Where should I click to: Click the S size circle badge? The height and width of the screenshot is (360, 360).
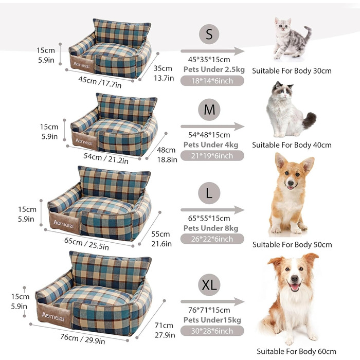(x=209, y=34)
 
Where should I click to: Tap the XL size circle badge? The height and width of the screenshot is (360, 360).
(x=209, y=285)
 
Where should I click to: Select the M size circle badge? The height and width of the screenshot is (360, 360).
(x=209, y=110)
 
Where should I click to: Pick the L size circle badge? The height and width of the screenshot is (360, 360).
(x=209, y=193)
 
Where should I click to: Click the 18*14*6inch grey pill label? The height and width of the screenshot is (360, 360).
(x=212, y=81)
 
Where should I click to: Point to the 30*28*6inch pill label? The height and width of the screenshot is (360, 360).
(x=212, y=331)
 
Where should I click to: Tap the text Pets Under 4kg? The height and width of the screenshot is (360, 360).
(x=211, y=145)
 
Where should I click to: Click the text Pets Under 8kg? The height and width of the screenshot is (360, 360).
(x=211, y=228)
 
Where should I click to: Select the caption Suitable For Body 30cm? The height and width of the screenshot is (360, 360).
(x=292, y=71)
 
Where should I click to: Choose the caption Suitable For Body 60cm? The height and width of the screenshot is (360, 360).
(x=296, y=351)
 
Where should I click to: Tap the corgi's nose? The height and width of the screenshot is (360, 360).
(x=291, y=183)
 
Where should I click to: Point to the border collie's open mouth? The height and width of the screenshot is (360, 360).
(x=294, y=287)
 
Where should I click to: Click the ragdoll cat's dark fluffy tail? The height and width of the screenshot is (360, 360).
(x=309, y=120)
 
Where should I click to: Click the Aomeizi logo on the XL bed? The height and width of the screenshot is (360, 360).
(x=53, y=317)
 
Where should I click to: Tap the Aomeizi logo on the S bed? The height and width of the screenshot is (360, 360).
(x=81, y=65)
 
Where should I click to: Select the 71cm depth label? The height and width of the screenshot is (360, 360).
(x=164, y=326)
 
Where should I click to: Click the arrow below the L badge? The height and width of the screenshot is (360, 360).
(x=212, y=210)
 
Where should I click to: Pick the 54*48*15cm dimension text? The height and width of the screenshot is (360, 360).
(x=209, y=135)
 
